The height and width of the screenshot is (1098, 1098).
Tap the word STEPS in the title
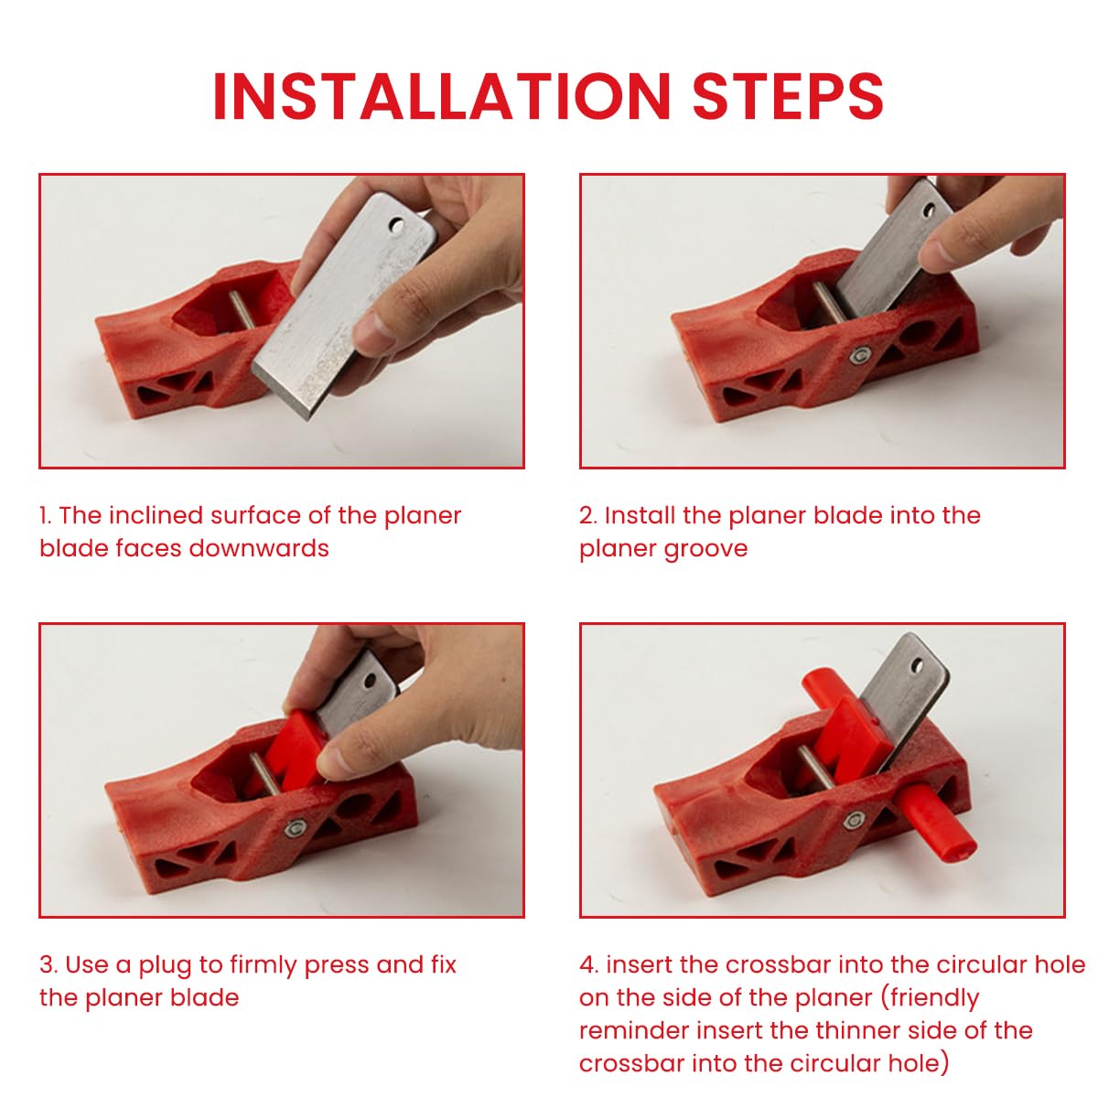(788, 95)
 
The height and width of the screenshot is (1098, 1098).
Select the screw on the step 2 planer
(861, 355)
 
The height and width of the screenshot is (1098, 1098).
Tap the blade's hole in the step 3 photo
(370, 681)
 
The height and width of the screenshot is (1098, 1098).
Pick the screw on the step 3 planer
(294, 828)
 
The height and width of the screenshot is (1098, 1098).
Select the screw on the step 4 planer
(854, 821)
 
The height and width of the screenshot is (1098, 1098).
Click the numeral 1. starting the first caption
(46, 515)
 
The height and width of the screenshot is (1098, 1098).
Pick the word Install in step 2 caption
(640, 515)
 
